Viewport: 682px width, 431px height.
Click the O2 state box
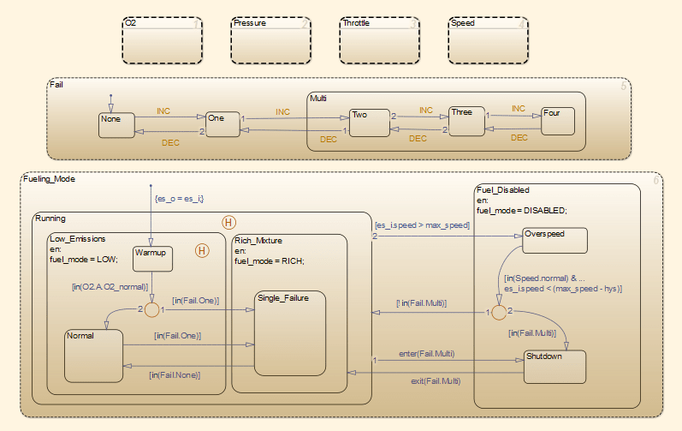click(x=161, y=40)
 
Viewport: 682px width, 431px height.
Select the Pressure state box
click(x=270, y=40)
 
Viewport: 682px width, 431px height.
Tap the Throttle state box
click(x=378, y=40)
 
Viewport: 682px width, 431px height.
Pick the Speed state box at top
click(x=487, y=40)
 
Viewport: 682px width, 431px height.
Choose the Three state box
click(x=467, y=122)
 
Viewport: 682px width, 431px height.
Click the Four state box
click(x=557, y=121)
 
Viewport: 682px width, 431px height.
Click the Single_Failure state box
click(x=290, y=332)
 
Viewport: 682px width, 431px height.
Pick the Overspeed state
click(x=554, y=240)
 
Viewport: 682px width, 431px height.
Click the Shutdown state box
click(x=554, y=366)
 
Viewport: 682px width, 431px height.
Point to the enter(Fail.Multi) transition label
click(x=426, y=353)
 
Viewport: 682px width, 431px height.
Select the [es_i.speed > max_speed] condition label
click(x=421, y=225)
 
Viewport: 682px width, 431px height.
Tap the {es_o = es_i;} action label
click(x=178, y=199)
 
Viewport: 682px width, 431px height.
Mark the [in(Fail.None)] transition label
click(x=175, y=374)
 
